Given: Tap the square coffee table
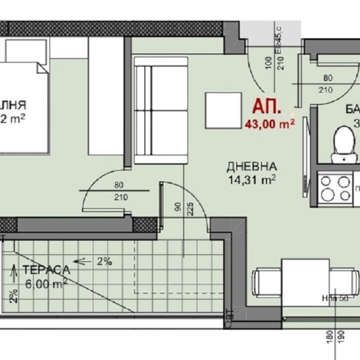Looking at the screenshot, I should [x=224, y=108].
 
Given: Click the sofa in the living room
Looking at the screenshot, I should [x=161, y=111].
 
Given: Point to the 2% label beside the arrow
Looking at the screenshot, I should [x=104, y=261].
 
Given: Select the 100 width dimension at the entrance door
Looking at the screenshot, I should [x=269, y=62].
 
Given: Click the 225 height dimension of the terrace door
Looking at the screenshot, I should [x=190, y=203].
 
